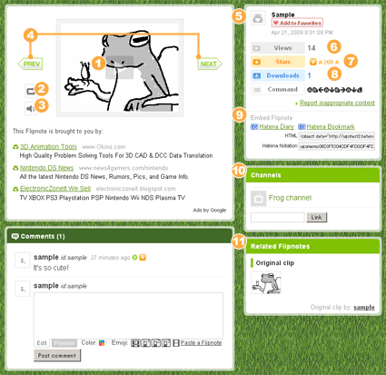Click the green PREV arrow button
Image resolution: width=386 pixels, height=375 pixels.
click(x=31, y=64)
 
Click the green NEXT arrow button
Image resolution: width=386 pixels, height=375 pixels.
click(x=209, y=64)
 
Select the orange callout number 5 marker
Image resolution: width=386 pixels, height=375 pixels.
click(x=238, y=15)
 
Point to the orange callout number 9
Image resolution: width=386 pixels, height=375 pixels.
click(x=238, y=114)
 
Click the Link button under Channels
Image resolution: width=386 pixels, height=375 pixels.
click(x=317, y=218)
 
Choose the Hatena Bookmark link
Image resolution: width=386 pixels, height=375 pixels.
click(x=333, y=126)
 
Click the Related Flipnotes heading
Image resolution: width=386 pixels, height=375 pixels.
click(x=286, y=246)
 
